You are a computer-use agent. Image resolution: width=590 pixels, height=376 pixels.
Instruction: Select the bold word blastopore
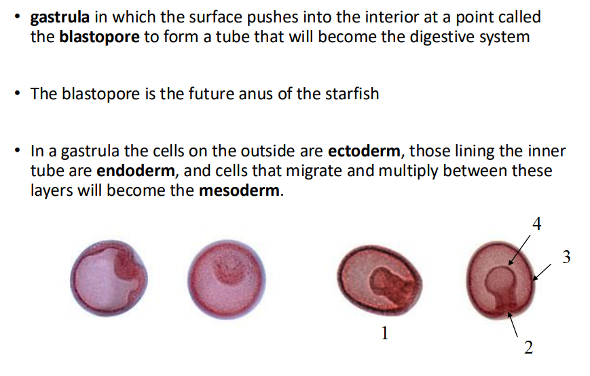[x=100, y=36]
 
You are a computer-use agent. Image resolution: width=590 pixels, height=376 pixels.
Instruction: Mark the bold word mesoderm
[x=239, y=190]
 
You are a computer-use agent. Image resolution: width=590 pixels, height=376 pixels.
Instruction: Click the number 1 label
[x=385, y=332]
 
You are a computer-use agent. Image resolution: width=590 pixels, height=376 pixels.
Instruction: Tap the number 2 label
[x=529, y=348]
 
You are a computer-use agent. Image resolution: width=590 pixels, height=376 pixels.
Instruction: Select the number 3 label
[x=566, y=257]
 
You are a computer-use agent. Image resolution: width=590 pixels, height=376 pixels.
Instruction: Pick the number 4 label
[x=536, y=224]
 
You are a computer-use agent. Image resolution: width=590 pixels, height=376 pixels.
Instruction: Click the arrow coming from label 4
[x=521, y=247]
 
